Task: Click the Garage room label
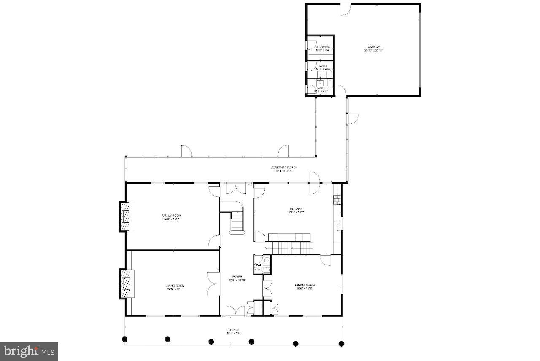(374, 48)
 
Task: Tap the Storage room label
(320, 48)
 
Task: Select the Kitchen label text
(296, 211)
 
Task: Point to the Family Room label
(171, 217)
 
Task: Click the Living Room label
(175, 288)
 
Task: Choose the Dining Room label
(305, 287)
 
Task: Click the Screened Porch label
(284, 169)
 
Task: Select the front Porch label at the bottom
(233, 331)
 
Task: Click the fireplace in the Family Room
(124, 216)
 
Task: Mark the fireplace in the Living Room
(125, 283)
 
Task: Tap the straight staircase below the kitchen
(291, 247)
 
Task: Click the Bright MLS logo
(29, 351)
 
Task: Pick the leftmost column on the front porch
(124, 339)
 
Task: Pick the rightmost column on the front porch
(341, 343)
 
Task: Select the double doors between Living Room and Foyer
(213, 284)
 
